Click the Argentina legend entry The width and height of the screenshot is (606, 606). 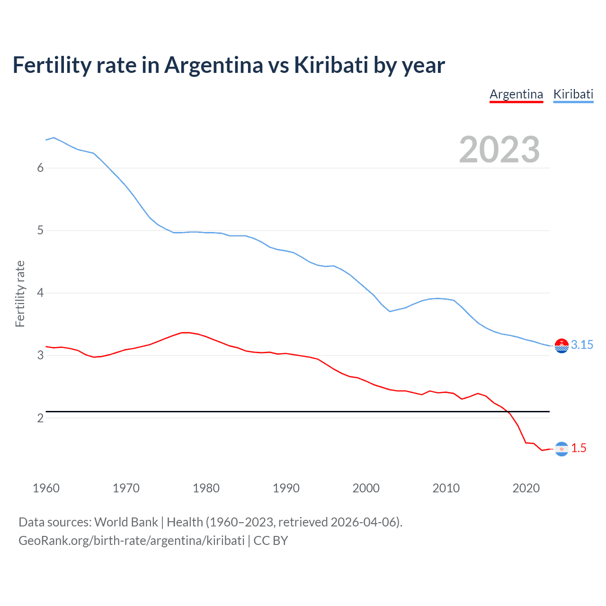coord(516,94)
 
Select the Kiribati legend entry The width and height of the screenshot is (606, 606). coord(573,94)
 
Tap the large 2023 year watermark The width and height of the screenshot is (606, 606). coord(499,150)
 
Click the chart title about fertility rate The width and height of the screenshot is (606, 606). coord(229,65)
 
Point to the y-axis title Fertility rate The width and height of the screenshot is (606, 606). coord(20,294)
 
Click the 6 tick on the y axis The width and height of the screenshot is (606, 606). coord(40,168)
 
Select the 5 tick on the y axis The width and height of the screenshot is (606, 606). coord(40,231)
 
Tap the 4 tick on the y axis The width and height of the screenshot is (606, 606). coord(40,293)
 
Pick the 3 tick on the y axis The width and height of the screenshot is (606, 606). coord(40,356)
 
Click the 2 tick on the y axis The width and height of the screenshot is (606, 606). coord(40,418)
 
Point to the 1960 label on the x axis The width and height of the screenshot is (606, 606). coord(46,488)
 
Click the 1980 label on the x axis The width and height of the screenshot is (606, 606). coord(206,488)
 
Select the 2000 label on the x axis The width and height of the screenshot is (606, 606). coord(366,488)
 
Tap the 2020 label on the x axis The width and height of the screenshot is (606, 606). coord(526,488)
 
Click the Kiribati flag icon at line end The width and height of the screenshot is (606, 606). coord(561,346)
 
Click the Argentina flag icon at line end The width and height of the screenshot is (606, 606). coord(561,449)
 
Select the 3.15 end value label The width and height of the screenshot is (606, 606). coord(582,345)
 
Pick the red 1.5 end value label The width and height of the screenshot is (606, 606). coord(579,448)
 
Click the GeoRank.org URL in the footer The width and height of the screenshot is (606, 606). coord(132,541)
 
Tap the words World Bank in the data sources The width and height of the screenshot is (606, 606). coord(126,522)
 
